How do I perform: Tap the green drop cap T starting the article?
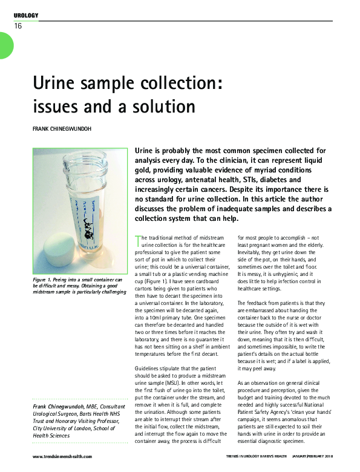(x=137, y=238)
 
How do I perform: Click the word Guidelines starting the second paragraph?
(x=149, y=366)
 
